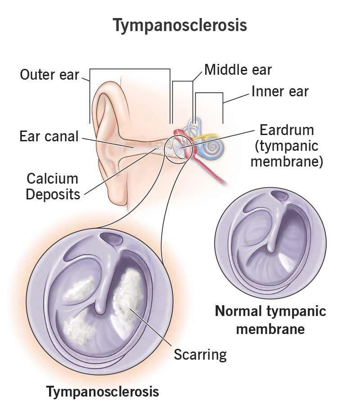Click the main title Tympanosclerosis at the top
click(x=180, y=26)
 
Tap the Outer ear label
click(x=49, y=75)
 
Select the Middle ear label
click(x=238, y=70)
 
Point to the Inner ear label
click(x=280, y=91)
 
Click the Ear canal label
click(x=49, y=136)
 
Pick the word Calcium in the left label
click(x=52, y=179)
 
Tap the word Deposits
click(x=53, y=194)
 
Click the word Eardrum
click(x=287, y=130)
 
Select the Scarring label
click(x=200, y=355)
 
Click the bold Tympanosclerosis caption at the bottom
click(x=103, y=392)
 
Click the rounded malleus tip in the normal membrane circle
click(x=271, y=248)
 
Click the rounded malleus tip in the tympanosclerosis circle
click(x=100, y=309)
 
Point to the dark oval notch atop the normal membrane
click(x=280, y=196)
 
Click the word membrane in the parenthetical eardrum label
click(x=287, y=161)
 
